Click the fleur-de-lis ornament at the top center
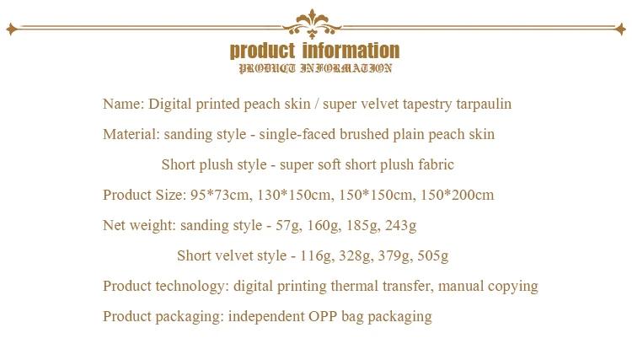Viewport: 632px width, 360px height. [312, 24]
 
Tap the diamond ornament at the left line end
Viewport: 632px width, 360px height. [12, 29]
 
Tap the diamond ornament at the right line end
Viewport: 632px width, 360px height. [620, 29]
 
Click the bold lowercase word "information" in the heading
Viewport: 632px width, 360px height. [351, 51]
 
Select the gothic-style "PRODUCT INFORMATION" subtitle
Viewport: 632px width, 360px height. [315, 68]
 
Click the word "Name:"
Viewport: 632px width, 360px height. [123, 104]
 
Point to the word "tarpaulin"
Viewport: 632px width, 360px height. [484, 105]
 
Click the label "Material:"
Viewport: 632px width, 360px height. [131, 134]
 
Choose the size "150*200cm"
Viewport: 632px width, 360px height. [457, 195]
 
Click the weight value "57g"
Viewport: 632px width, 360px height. [288, 226]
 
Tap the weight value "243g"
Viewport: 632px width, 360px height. [400, 226]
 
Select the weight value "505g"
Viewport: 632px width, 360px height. [433, 256]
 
